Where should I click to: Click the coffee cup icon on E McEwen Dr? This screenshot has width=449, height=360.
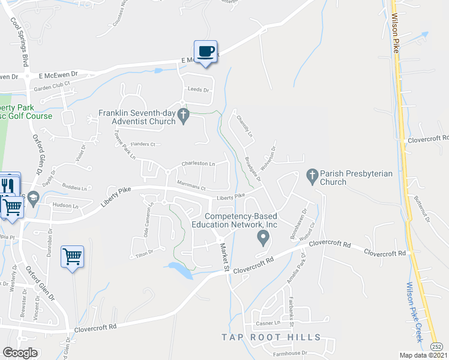(205, 52)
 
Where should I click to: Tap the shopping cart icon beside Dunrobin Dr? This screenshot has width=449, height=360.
(73, 257)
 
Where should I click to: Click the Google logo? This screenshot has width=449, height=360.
(20, 353)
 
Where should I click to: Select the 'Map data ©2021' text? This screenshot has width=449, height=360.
(419, 355)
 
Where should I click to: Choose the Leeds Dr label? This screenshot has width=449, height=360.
(198, 90)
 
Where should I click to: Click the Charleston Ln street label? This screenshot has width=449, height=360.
(198, 163)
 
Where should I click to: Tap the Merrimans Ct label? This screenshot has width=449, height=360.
(191, 186)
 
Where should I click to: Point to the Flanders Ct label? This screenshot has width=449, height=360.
(143, 145)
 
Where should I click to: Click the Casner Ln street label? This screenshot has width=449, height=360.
(268, 324)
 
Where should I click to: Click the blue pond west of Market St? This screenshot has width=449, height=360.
(181, 269)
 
